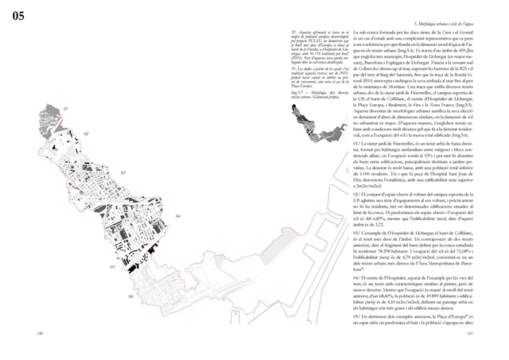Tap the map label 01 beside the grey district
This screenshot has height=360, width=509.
pos(67,107)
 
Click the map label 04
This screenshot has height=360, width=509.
pos(177,215)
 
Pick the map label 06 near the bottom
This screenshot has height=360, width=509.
pos(131,296)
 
